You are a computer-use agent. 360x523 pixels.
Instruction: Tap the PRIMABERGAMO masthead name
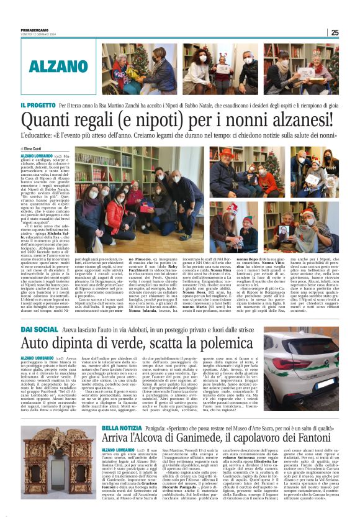35,30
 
